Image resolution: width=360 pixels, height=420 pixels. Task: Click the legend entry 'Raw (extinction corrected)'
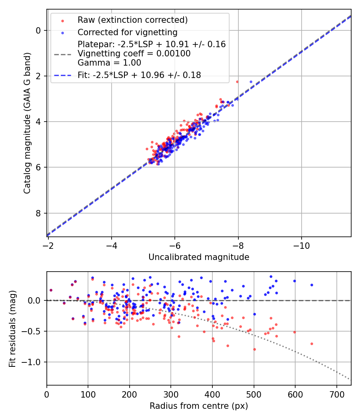coord(132,20)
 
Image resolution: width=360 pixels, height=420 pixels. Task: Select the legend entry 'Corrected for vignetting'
coord(127,32)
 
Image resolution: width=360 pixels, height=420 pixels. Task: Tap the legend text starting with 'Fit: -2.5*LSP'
coord(139,75)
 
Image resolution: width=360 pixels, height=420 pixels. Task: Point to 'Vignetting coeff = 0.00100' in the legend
coord(134,54)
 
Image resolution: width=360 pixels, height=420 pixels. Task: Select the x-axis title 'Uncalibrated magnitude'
coord(199,257)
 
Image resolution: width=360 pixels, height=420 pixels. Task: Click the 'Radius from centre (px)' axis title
coord(199,406)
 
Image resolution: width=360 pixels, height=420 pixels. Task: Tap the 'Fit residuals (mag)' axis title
coord(12,329)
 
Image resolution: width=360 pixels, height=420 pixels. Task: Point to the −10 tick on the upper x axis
coord(302,245)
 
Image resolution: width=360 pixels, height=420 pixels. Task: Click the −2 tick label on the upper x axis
coord(48,245)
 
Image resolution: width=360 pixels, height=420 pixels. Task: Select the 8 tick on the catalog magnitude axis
coord(38,213)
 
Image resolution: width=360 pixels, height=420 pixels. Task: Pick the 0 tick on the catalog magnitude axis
coord(38,30)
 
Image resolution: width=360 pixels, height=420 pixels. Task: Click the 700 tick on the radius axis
coord(336,394)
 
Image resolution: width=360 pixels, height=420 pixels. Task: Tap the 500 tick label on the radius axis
coord(254,394)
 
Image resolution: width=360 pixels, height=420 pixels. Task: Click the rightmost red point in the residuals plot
coord(312,344)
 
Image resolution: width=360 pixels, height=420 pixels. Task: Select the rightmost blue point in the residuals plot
coord(312,285)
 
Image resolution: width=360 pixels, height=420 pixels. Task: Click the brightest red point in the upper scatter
coord(237,82)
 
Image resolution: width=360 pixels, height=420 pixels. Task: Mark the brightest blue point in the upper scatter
coord(251,82)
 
